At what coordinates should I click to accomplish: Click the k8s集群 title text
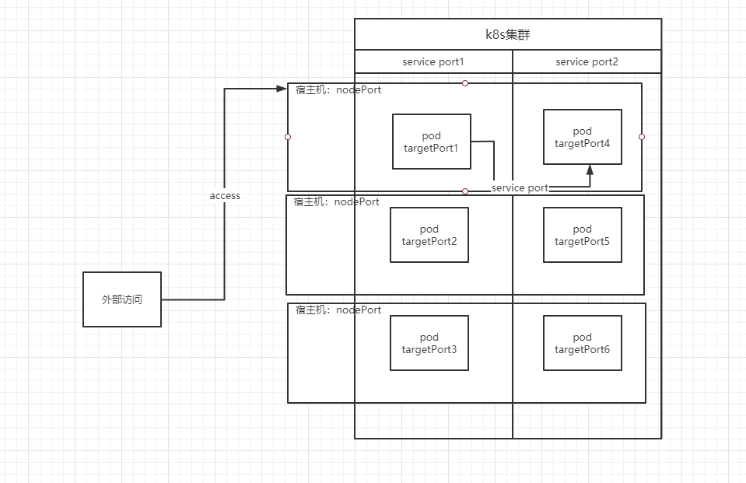coord(507,35)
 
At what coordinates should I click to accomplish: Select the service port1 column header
coord(433,61)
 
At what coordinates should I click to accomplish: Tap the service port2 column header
coord(587,61)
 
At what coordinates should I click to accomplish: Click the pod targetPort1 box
coord(432,142)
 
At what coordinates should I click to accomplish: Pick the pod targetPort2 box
coord(429,235)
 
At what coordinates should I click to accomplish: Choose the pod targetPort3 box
coord(429,343)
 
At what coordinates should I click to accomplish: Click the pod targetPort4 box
coord(582,137)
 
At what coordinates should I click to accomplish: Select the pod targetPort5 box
coord(582,235)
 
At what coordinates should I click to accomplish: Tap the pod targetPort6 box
coord(582,343)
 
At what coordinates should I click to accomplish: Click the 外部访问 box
coord(122,299)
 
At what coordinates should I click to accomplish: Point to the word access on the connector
coord(225,196)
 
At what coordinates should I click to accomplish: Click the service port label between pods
coord(520,187)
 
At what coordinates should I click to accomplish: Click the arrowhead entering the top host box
coord(282,89)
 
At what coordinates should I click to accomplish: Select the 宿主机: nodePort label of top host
coord(338,90)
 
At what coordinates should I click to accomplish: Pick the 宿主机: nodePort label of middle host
coord(337,202)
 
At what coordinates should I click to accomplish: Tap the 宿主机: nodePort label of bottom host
coord(338,310)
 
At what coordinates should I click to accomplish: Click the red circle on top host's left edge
coord(288,137)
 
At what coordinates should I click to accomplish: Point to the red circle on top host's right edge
coord(642,137)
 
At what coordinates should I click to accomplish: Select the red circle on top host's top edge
coord(465,83)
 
